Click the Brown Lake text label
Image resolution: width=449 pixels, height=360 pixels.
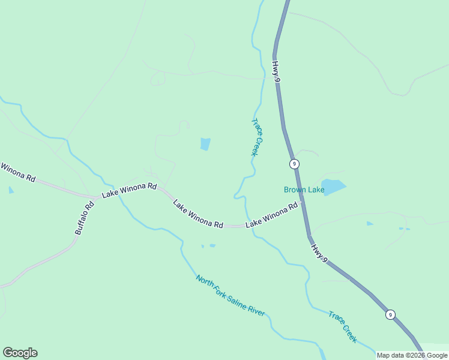click(x=304, y=190)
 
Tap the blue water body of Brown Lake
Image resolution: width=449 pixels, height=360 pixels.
click(x=334, y=186)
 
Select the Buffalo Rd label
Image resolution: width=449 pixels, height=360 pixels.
click(x=85, y=217)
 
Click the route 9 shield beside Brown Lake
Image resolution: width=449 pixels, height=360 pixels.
click(x=294, y=164)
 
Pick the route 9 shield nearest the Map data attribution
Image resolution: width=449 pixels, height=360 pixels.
click(x=390, y=314)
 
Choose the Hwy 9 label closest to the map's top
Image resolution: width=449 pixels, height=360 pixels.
click(x=276, y=71)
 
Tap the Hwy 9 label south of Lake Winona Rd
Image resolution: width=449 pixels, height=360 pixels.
click(x=319, y=248)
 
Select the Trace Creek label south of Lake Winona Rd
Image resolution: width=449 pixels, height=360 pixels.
click(x=343, y=326)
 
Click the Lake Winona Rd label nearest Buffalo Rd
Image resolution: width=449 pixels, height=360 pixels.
click(x=129, y=191)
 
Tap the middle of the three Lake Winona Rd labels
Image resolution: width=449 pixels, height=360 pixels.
click(x=198, y=214)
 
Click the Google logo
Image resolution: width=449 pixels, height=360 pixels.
click(x=20, y=353)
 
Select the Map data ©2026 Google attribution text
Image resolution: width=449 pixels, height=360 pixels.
click(x=412, y=355)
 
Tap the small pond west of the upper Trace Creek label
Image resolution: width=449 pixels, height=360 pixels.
click(x=205, y=144)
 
